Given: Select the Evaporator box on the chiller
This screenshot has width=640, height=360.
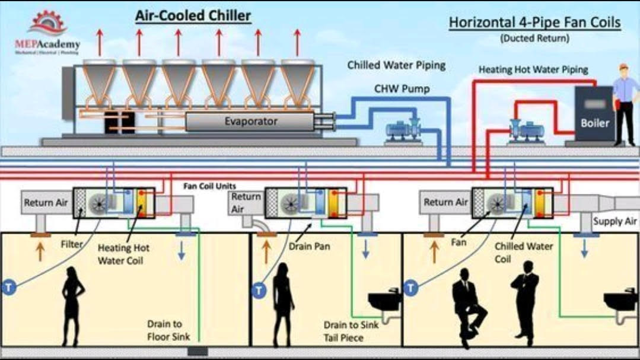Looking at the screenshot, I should tap(250, 122).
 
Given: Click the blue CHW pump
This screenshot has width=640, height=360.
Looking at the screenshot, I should tap(402, 129).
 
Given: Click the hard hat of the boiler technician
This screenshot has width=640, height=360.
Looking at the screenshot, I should tap(623, 67).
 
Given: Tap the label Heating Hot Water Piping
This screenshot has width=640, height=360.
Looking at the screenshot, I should tap(533, 69).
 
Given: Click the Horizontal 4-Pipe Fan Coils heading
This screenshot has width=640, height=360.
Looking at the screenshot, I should tap(534, 23).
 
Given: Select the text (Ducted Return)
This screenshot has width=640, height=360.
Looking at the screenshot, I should tap(534, 39).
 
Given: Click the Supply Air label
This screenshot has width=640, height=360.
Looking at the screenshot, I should tap(615, 221).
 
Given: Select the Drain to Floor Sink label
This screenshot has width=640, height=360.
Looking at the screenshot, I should tap(165, 330).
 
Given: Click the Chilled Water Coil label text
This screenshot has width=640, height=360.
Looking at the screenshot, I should tap(523, 252).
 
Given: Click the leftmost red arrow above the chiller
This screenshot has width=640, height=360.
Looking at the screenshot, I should tap(100, 42).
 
